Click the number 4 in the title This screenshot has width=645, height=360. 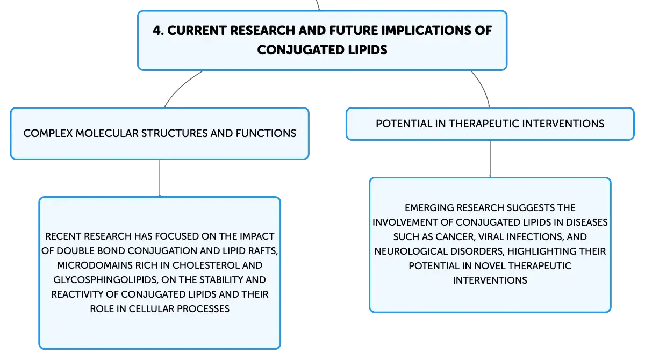tap(157, 31)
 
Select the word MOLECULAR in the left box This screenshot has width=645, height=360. tap(107, 134)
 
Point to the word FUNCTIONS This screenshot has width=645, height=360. tap(266, 134)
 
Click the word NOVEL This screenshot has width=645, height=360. tap(490, 265)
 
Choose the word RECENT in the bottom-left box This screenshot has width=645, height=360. tap(63, 236)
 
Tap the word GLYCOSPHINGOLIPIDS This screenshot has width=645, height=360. tap(106, 280)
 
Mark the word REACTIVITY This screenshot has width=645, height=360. tap(77, 294)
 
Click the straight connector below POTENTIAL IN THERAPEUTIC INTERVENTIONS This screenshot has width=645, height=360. tap(490, 159)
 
